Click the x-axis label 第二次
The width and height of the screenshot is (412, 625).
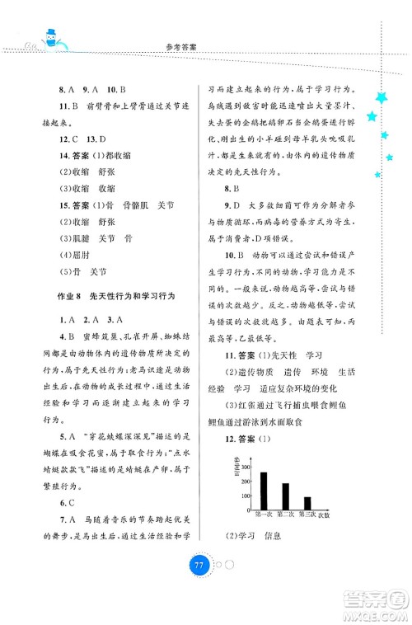pos(286,515)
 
